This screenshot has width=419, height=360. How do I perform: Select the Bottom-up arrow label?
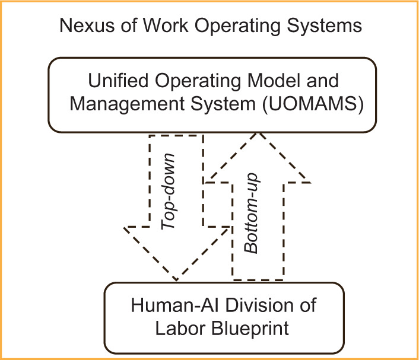[x=253, y=214]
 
